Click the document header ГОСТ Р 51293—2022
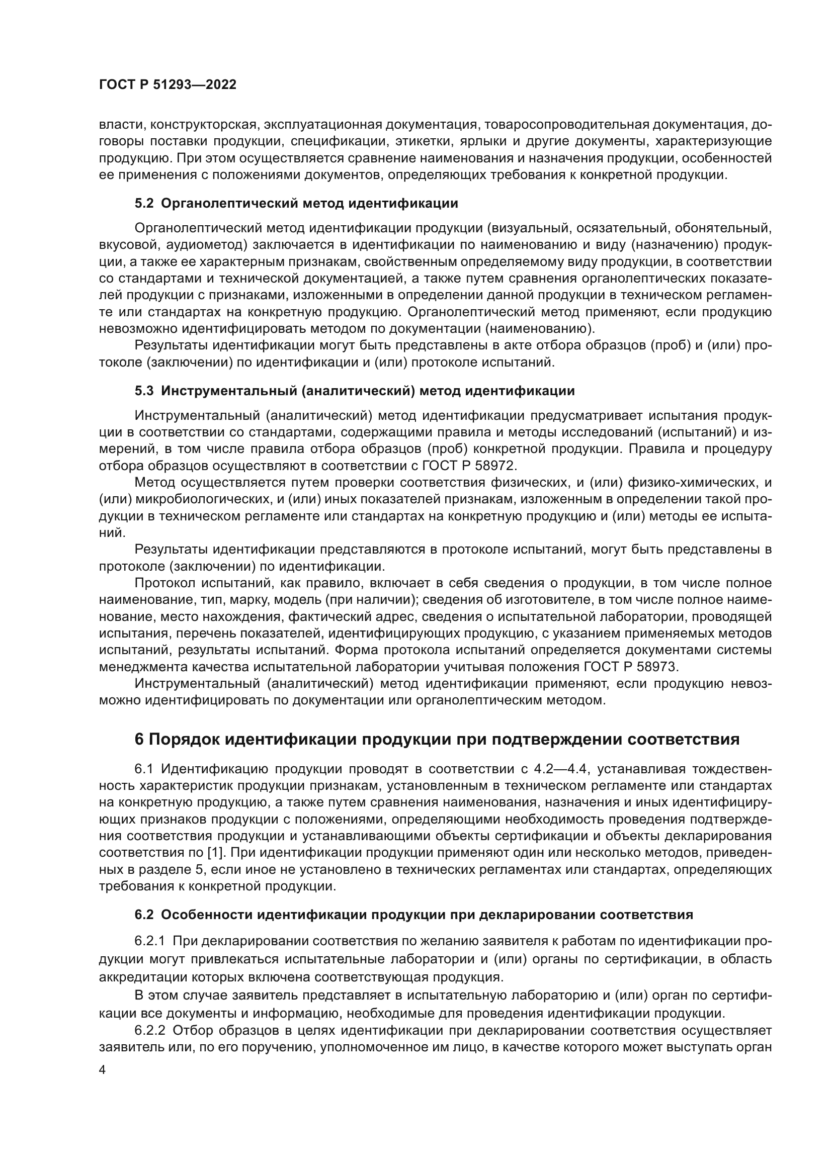[x=168, y=85]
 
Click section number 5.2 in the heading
[x=144, y=203]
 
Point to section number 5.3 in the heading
[x=144, y=391]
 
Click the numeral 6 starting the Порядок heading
[x=139, y=739]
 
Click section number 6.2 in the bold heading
[x=144, y=915]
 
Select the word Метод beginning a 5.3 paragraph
[x=154, y=483]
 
